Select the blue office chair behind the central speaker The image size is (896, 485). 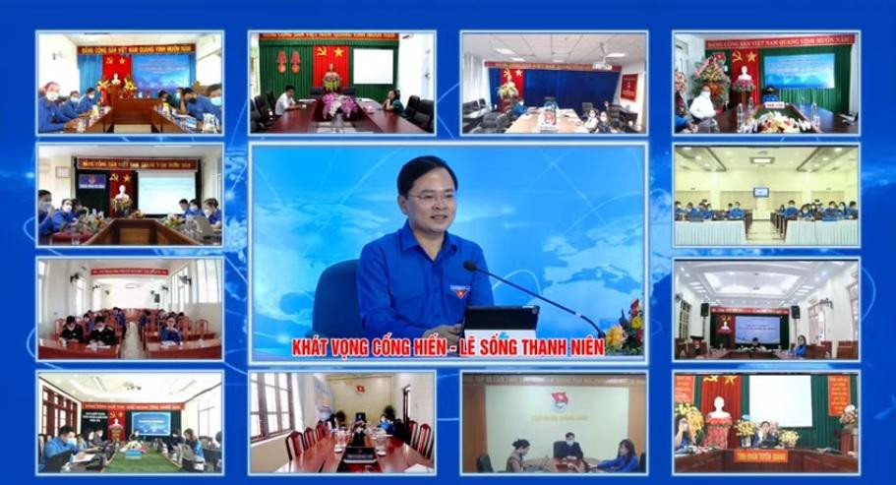pos(337,294)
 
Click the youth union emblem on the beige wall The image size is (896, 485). pos(560,401)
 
